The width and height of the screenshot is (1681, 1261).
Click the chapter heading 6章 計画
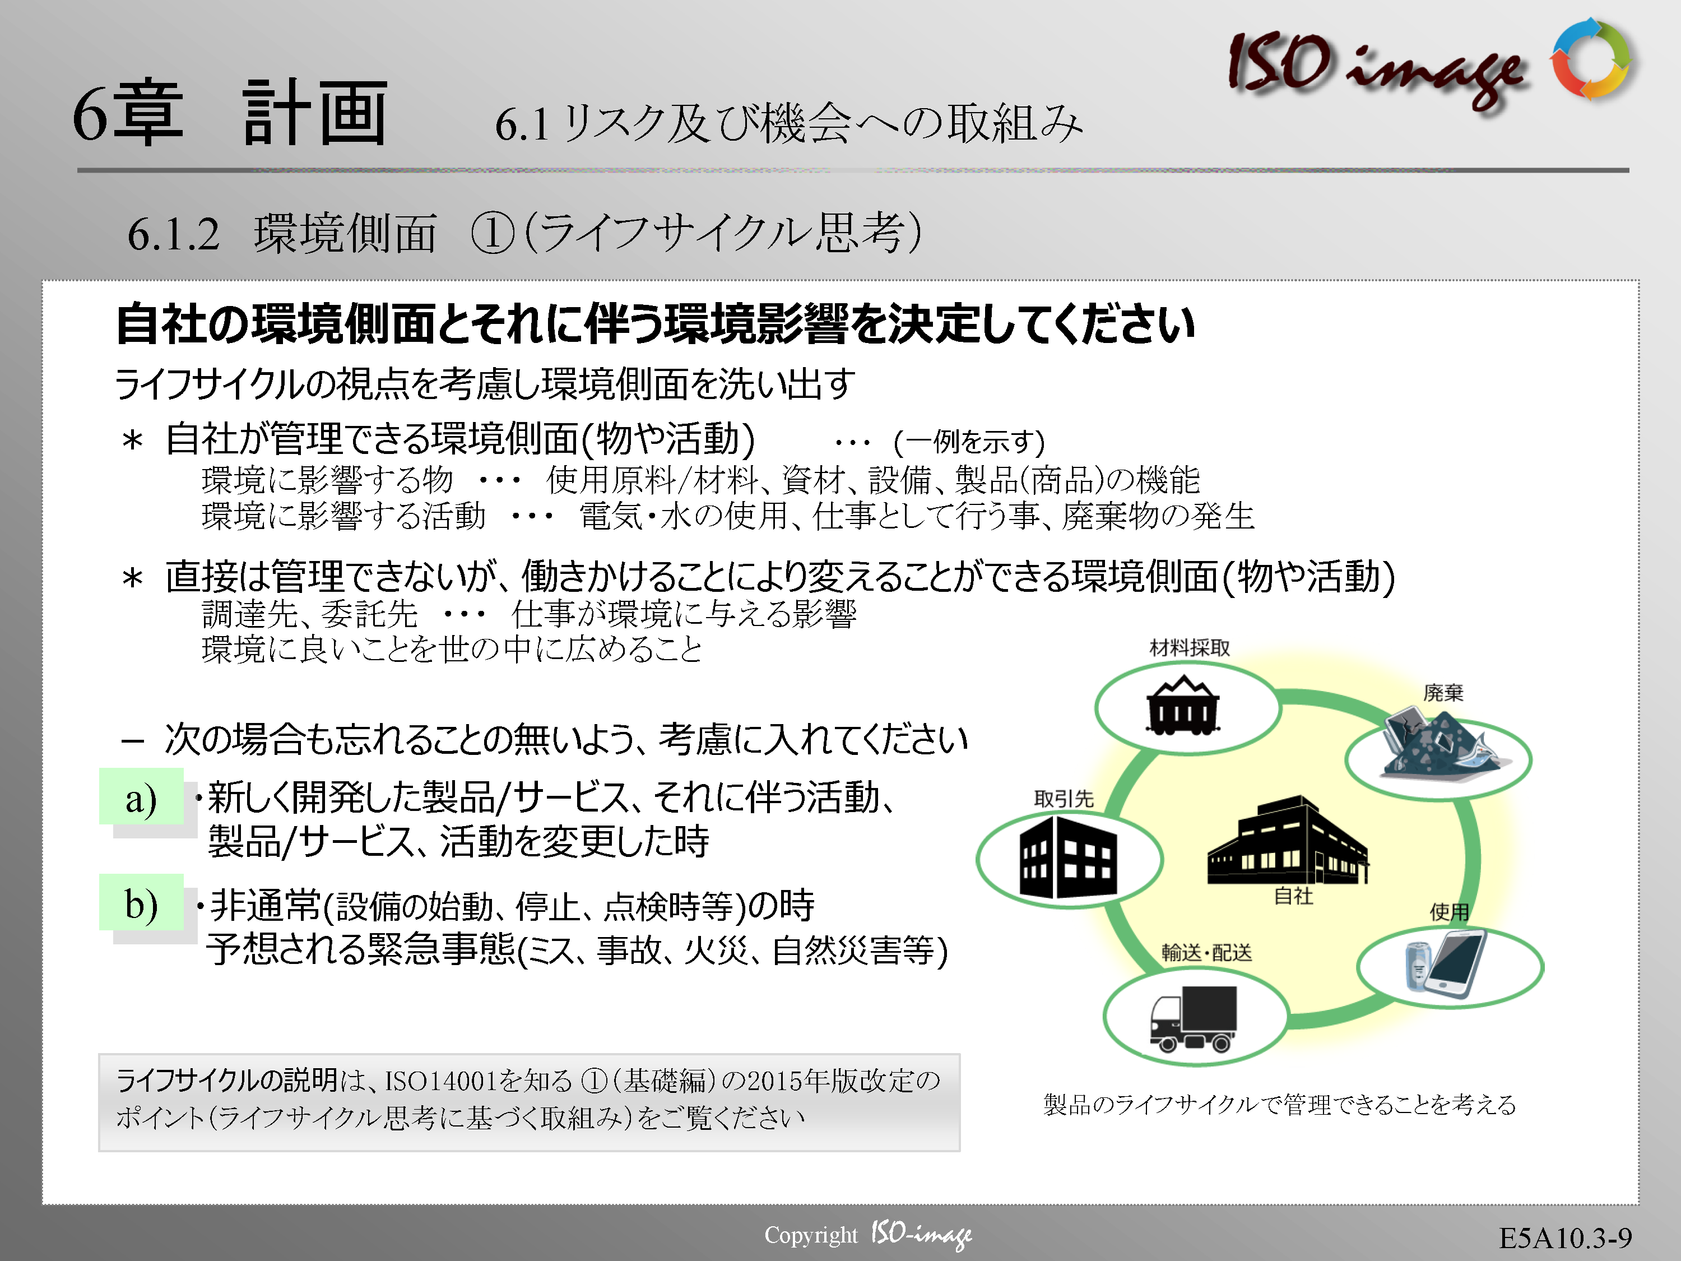(x=230, y=113)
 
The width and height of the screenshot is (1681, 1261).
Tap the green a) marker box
(x=141, y=796)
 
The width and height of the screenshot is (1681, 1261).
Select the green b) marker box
(x=141, y=902)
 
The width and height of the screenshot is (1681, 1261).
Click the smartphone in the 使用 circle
(x=1455, y=965)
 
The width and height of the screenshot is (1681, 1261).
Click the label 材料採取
(x=1190, y=648)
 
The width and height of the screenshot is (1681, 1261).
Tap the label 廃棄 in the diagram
(x=1442, y=693)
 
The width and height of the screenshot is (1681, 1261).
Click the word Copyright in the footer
(x=810, y=1235)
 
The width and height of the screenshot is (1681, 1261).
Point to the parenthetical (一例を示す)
(x=969, y=441)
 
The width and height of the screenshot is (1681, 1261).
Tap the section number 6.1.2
(x=173, y=234)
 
